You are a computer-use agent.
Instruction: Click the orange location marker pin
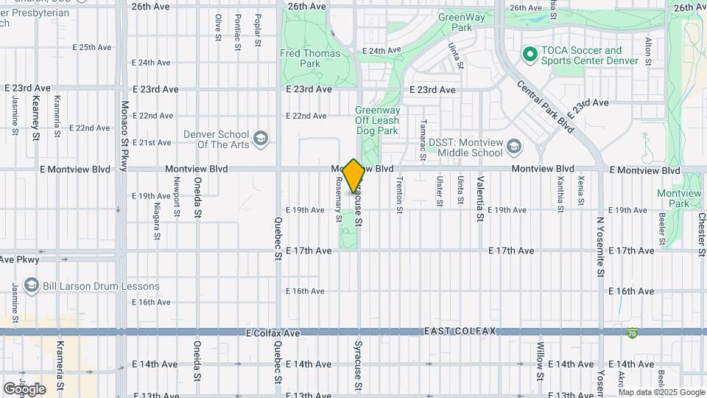(354, 176)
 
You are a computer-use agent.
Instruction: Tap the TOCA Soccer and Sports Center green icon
(529, 54)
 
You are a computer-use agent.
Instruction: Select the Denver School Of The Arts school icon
(260, 137)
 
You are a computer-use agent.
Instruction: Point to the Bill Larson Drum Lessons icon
(31, 285)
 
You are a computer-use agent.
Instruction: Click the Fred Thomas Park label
(310, 58)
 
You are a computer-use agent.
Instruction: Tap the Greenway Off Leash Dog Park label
(376, 120)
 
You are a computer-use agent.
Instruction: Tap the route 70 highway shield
(633, 334)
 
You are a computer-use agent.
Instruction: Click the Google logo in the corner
(24, 388)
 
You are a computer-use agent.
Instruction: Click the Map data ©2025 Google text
(661, 393)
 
